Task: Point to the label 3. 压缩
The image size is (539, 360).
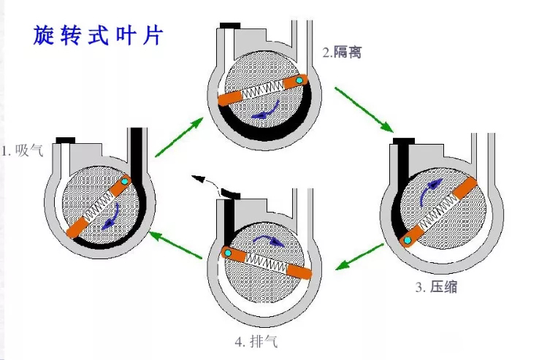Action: (437, 287)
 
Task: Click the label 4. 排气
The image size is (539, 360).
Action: (257, 341)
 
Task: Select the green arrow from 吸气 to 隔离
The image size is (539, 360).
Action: (178, 135)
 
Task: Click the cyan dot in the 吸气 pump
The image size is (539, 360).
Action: (125, 180)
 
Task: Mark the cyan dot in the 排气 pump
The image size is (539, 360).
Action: (228, 253)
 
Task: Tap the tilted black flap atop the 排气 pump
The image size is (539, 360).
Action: (231, 193)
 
